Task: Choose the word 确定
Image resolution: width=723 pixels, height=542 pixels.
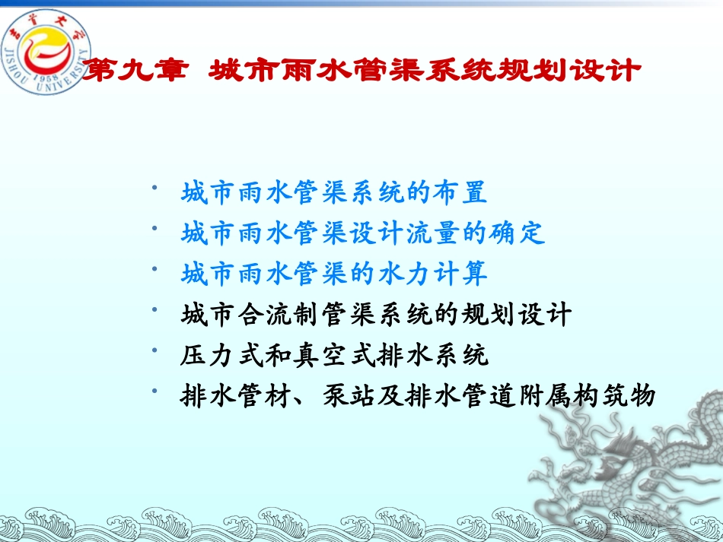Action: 518,233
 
